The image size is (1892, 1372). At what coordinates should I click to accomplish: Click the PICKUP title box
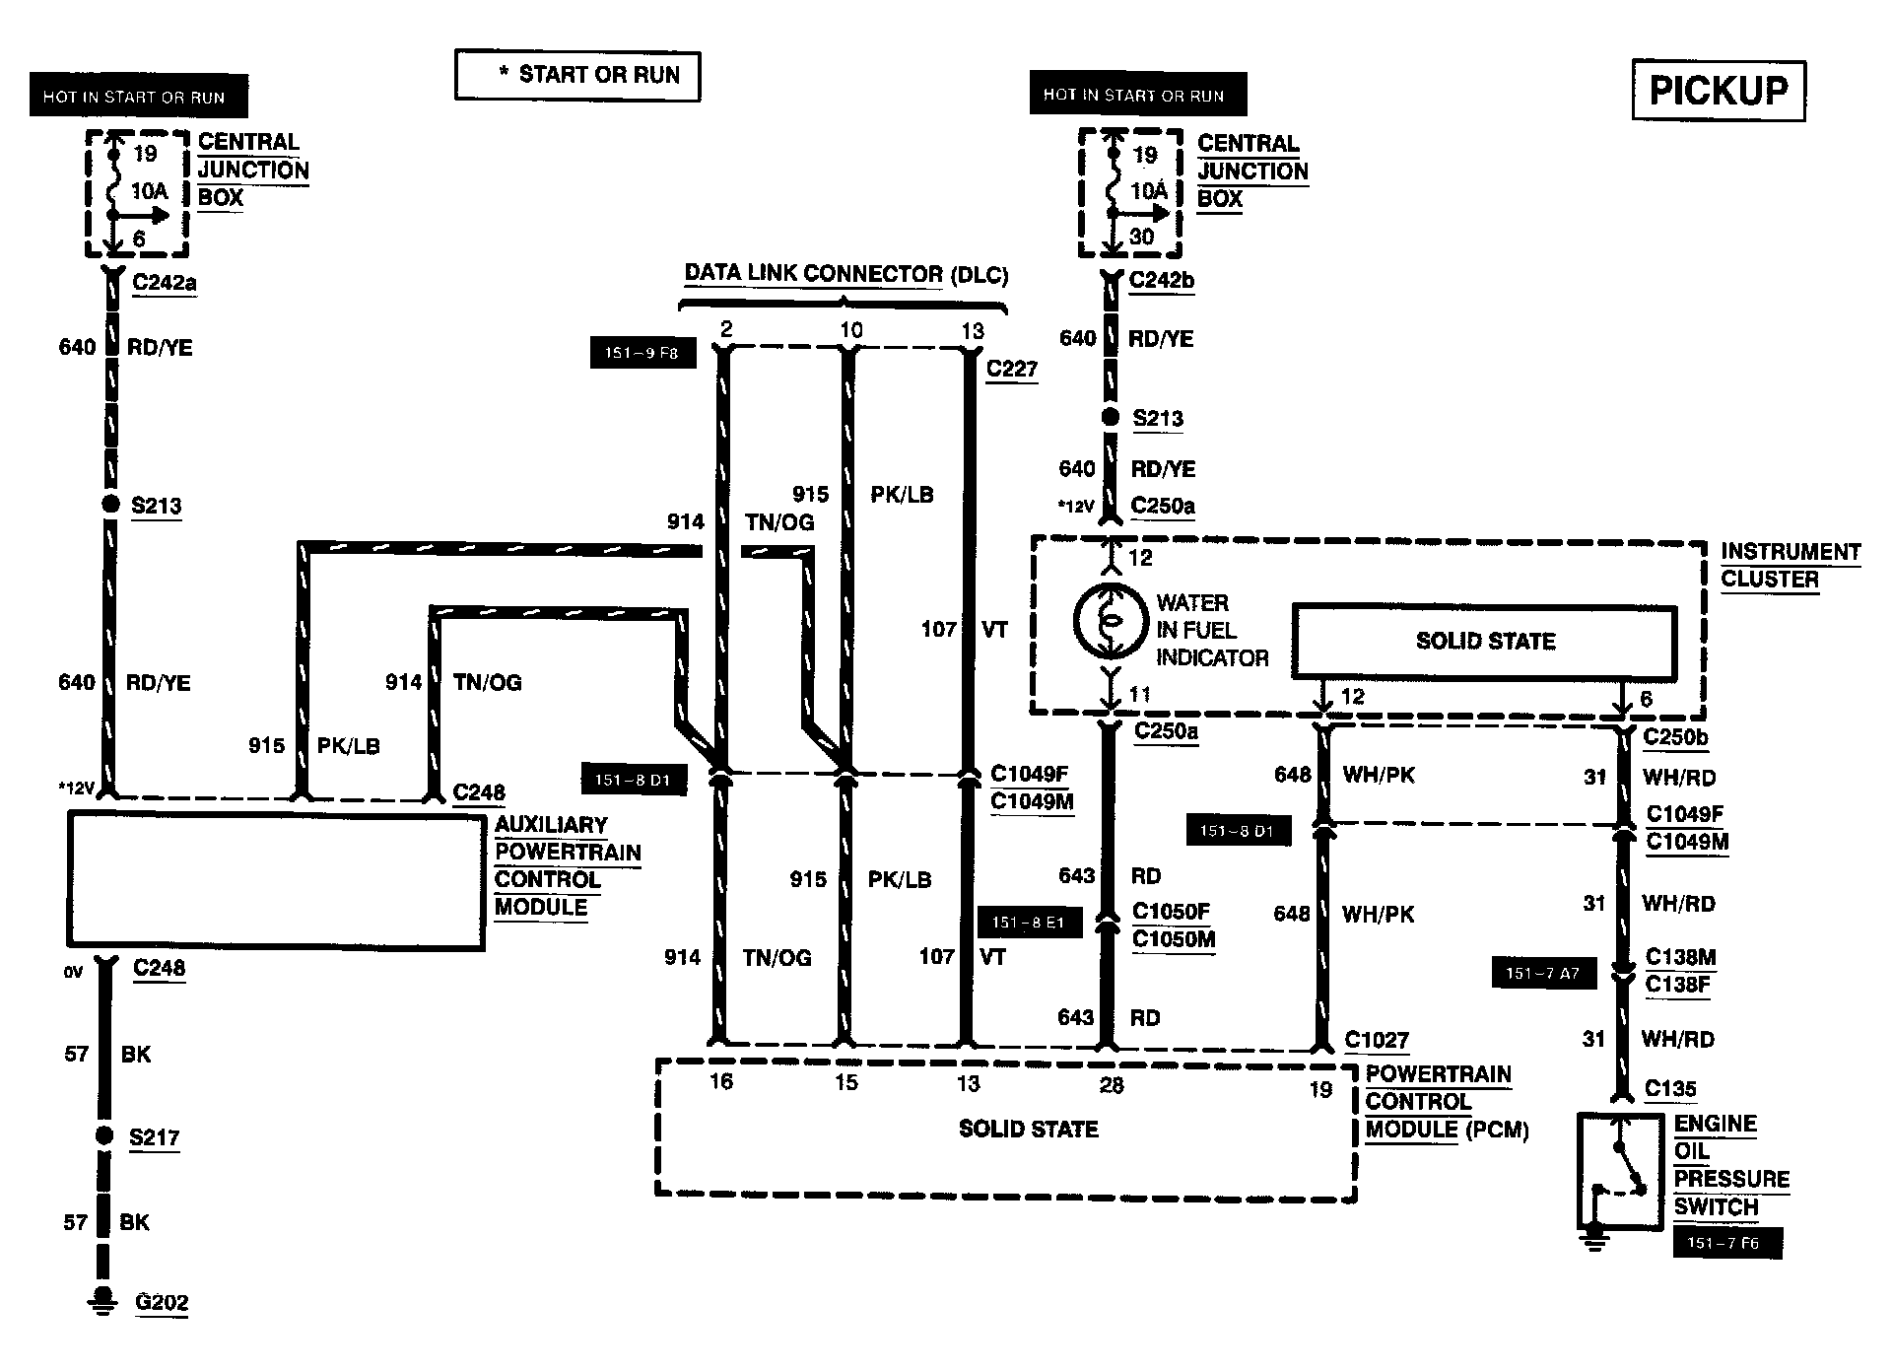tap(1718, 91)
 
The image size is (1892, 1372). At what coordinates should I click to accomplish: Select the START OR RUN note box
tap(577, 76)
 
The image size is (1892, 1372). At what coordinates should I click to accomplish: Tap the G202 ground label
tap(162, 1302)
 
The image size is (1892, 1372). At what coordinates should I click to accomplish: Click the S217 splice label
tap(155, 1136)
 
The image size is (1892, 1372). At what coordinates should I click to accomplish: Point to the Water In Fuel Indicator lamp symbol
tap(1111, 621)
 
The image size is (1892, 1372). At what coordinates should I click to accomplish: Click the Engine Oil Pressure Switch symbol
tap(1621, 1171)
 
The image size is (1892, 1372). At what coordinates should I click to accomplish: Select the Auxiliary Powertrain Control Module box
tap(275, 880)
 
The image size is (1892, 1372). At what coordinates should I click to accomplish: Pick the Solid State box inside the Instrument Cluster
tap(1485, 642)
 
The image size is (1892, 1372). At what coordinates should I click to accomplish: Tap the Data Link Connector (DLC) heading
tap(845, 274)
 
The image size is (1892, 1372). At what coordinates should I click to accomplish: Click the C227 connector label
tap(1012, 369)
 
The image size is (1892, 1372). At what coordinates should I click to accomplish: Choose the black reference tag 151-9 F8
tap(642, 353)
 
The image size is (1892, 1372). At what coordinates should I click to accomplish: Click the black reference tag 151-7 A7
tap(1542, 973)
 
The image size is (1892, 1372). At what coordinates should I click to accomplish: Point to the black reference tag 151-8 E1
tap(1029, 923)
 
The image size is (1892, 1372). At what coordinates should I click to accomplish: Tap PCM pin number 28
tap(1111, 1085)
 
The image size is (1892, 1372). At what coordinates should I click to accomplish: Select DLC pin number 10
tap(851, 330)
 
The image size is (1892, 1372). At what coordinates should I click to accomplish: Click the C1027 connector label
tap(1377, 1040)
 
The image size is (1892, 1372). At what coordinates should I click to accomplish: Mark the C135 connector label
tap(1671, 1089)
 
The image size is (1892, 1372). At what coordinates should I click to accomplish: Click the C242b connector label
tap(1162, 280)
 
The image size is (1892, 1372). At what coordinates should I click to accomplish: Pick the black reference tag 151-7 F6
tap(1728, 1243)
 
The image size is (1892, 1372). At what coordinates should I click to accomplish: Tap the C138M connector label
tap(1681, 956)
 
